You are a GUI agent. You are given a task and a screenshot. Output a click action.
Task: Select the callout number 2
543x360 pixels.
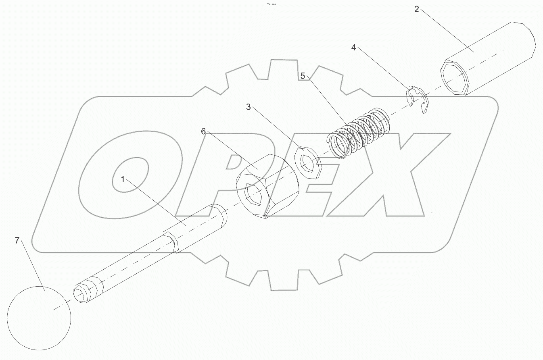[417, 9]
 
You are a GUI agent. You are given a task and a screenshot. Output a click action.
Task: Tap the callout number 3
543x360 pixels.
[249, 107]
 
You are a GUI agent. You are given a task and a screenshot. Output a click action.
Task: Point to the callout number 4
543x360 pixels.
[354, 48]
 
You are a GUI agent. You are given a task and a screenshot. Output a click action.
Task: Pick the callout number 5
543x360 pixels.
[303, 76]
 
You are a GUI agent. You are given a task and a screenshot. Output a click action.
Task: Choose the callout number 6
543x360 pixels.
[203, 131]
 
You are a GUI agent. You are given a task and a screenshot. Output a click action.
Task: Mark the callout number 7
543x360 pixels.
[17, 241]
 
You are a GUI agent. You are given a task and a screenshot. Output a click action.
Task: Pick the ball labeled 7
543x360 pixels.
[39, 318]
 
